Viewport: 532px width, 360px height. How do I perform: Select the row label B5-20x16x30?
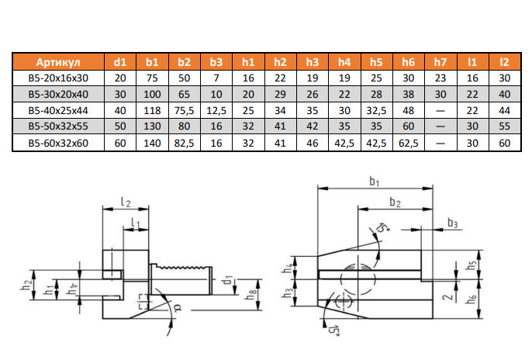(59, 78)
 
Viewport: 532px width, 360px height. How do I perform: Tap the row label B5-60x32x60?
(59, 143)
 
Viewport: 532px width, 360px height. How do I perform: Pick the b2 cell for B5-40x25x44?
(184, 110)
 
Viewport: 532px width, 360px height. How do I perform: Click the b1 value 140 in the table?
(152, 143)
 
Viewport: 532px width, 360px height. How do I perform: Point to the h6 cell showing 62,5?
(409, 143)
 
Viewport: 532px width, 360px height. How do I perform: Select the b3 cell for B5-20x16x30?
(216, 78)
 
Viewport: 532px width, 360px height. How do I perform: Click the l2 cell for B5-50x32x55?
(505, 126)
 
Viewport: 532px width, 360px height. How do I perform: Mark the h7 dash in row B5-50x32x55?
(440, 126)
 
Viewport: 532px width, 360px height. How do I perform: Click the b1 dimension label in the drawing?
(373, 182)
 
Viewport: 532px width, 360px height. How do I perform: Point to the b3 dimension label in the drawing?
(452, 223)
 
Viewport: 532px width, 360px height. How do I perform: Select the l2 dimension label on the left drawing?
(125, 202)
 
